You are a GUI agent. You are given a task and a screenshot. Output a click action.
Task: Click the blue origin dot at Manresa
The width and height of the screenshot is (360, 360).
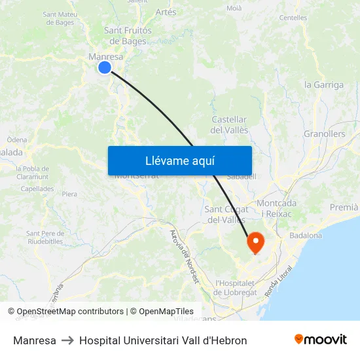[105, 67]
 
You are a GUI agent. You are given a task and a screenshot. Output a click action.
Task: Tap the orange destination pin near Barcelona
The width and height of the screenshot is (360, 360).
[255, 243]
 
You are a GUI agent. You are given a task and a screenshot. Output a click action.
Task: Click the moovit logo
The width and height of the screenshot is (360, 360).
[320, 340]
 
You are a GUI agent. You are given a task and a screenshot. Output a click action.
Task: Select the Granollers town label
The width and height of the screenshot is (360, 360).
[324, 134]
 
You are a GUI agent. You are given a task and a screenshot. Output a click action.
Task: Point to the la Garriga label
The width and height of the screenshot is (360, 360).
[323, 85]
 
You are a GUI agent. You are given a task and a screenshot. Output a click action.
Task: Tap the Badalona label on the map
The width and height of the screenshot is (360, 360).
[305, 236]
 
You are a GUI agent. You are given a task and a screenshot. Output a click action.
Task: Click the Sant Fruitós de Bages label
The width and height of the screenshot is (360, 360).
[128, 36]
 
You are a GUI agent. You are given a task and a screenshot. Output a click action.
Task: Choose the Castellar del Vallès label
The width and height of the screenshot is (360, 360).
[229, 125]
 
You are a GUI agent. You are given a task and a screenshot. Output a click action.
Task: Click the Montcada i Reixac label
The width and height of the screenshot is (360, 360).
[276, 209]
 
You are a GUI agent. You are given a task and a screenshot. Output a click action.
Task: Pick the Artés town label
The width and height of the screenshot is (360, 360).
[166, 12]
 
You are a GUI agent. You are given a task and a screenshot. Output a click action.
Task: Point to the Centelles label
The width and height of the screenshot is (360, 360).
[293, 18]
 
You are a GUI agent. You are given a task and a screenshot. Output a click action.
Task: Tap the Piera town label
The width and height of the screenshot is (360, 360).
[69, 194]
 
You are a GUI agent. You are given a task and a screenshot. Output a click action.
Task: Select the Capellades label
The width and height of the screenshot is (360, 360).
[37, 189]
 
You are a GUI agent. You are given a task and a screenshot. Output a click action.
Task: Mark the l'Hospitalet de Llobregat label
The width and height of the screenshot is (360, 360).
[236, 288]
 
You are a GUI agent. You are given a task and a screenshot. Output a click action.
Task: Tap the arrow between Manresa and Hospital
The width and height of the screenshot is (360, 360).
[67, 340]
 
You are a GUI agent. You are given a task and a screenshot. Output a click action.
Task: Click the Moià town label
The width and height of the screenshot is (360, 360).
[234, 9]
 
